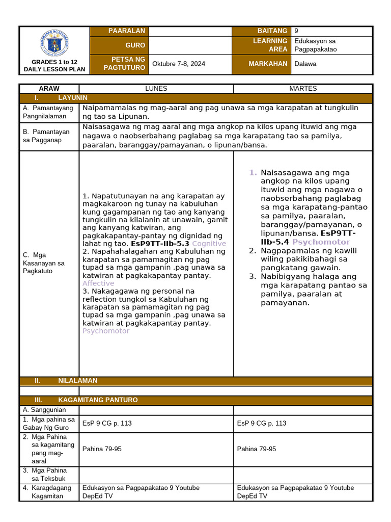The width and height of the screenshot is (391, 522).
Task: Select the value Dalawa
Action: click(305, 64)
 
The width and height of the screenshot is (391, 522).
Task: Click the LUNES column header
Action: click(156, 89)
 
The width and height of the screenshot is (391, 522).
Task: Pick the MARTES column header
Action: click(303, 89)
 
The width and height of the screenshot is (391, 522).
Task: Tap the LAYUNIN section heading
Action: click(72, 97)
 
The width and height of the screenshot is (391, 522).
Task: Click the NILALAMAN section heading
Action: click(77, 381)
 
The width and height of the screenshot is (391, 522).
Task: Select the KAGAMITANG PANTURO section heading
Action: click(98, 400)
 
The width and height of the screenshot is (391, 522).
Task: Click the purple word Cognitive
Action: click(209, 244)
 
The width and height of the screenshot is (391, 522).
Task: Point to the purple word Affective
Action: click(98, 283)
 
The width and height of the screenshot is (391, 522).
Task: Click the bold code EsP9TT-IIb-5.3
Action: click(160, 244)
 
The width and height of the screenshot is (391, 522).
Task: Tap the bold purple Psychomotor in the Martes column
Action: click(321, 242)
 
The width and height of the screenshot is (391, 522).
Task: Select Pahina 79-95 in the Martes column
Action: click(257, 449)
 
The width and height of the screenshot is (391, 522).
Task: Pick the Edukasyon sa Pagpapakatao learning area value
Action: click(316, 45)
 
